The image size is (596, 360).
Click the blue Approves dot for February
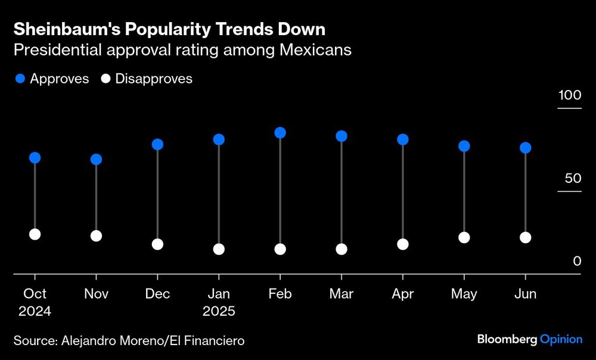280,133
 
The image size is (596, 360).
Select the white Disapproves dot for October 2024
35,234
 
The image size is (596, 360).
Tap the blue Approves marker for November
96,160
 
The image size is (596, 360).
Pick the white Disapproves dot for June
525,238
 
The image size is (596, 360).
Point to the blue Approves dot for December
157,145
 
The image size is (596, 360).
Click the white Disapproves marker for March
342,249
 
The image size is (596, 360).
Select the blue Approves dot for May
464,146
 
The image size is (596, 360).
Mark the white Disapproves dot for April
403,244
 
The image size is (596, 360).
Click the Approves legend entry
52,79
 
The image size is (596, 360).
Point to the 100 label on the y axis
569,95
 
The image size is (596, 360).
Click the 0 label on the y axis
577,261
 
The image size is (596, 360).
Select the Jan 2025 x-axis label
219,302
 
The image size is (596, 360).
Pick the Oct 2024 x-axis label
35,302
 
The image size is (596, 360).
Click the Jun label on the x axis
525,294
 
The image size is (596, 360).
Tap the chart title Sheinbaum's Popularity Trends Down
169,29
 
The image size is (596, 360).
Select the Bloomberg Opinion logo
529,339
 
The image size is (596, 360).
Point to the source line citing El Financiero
129,340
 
